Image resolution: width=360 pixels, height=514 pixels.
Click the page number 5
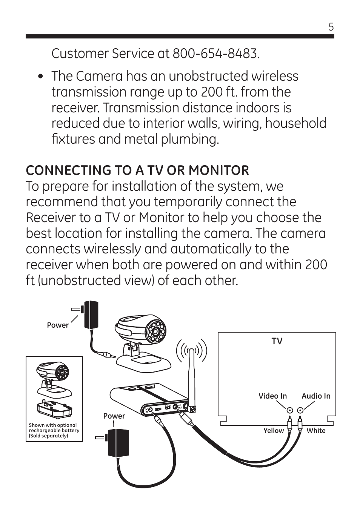pos(331,27)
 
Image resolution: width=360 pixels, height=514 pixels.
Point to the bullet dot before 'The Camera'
pos(41,77)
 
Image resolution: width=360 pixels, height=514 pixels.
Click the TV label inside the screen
pos(277,341)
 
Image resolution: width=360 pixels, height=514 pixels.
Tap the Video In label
pos(272,396)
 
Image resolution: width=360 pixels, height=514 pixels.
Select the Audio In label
pos(316,396)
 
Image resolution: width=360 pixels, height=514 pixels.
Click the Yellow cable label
pos(274,431)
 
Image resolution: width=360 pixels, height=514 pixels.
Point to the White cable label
pos(316,431)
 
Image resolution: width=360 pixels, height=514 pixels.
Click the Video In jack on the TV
pos(289,411)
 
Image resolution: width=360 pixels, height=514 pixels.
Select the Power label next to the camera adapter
pos(58,325)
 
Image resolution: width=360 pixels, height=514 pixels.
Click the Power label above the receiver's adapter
pos(114,416)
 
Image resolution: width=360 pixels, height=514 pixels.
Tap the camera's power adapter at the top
pos(91,314)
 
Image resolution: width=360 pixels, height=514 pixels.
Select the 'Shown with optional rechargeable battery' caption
pos(54,430)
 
